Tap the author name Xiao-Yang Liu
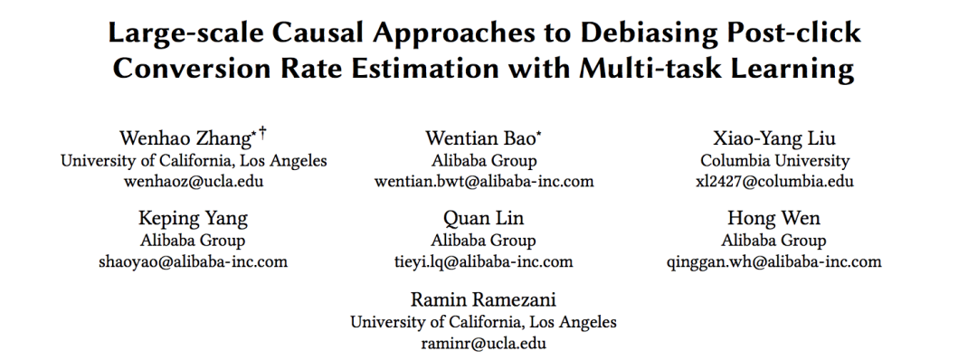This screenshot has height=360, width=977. pyautogui.click(x=774, y=137)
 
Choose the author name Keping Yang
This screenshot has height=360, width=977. pyautogui.click(x=193, y=218)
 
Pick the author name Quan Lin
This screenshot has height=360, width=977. pyautogui.click(x=483, y=218)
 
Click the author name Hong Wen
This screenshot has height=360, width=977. pyautogui.click(x=773, y=218)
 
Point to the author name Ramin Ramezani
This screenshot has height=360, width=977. pyautogui.click(x=483, y=299)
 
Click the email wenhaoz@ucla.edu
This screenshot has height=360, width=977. pyautogui.click(x=194, y=181)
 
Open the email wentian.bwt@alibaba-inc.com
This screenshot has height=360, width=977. pyautogui.click(x=484, y=181)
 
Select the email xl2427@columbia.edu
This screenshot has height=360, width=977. pyautogui.click(x=774, y=181)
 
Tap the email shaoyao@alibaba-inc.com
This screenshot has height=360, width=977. pyautogui.click(x=194, y=261)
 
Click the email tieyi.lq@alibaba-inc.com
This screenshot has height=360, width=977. pyautogui.click(x=483, y=261)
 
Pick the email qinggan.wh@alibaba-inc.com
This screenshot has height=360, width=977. pyautogui.click(x=773, y=261)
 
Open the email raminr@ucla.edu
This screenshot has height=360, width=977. pyautogui.click(x=483, y=343)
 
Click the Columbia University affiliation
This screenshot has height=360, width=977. pyautogui.click(x=774, y=161)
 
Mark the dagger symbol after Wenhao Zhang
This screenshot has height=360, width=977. pyautogui.click(x=263, y=132)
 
